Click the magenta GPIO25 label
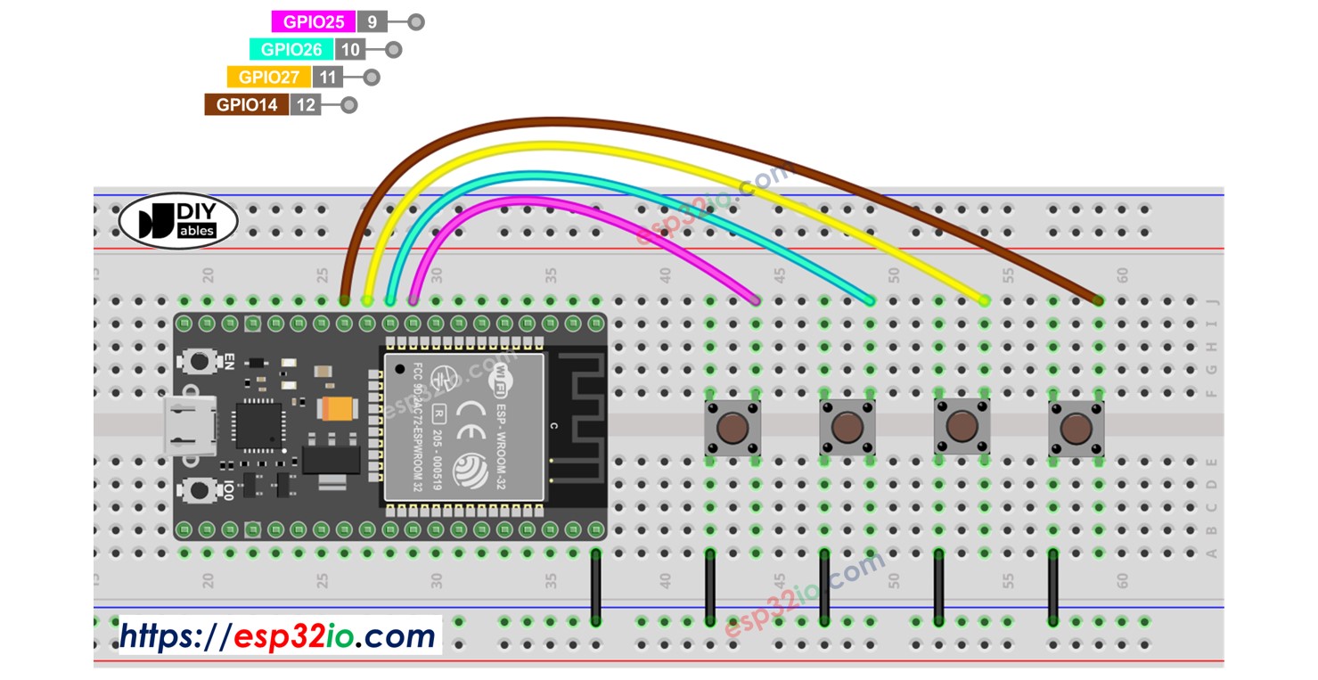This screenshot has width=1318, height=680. [313, 22]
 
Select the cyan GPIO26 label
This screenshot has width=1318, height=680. [291, 50]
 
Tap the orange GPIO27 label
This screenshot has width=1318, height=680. [268, 78]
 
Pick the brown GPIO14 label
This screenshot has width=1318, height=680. [247, 105]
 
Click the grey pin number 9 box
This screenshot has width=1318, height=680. [372, 22]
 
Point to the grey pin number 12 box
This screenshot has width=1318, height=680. [305, 105]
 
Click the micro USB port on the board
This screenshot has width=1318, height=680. [186, 426]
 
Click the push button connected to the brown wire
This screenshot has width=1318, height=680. [1076, 430]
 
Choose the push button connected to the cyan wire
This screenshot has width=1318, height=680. [847, 428]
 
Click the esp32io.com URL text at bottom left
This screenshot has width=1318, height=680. [278, 636]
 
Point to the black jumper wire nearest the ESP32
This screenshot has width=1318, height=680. [595, 586]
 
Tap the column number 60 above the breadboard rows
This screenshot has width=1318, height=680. [1122, 275]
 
